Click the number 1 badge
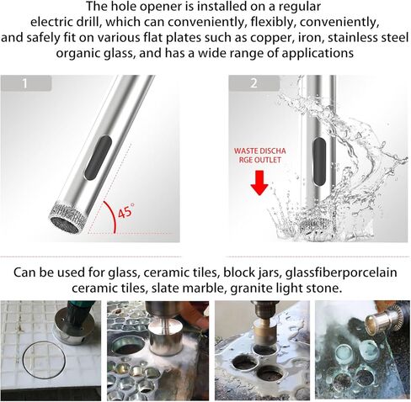click(26, 83)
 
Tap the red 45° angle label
click(125, 212)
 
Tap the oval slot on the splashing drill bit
click(318, 157)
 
